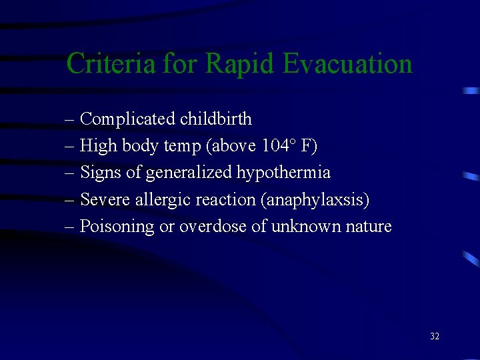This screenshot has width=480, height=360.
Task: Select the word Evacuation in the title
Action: (348, 64)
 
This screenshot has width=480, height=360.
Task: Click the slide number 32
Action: (435, 337)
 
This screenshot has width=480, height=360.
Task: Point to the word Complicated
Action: (127, 119)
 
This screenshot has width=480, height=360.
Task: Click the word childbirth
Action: (216, 119)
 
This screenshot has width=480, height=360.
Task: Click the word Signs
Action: (100, 173)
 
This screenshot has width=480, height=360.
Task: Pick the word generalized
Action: (189, 173)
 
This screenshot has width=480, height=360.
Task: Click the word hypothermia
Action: (284, 173)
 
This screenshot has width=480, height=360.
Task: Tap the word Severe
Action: (103, 199)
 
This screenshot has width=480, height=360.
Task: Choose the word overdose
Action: (212, 226)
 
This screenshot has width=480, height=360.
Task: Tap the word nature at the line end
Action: (369, 226)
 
